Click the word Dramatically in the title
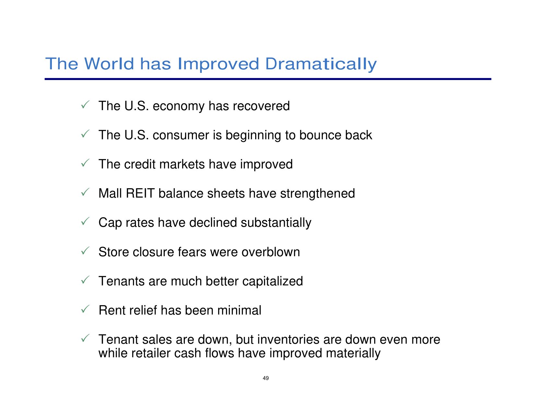(321, 64)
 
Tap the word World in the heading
(109, 64)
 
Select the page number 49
(266, 378)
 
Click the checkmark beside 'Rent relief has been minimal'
(85, 309)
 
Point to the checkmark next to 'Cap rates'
(85, 221)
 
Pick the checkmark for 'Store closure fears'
(85, 251)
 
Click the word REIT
(140, 193)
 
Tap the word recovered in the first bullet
(261, 106)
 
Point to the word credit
(140, 164)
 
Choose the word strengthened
(318, 193)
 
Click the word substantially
(276, 223)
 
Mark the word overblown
(271, 252)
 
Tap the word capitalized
(273, 281)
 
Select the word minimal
(239, 310)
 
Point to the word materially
(353, 353)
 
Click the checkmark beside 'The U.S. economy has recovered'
(85, 104)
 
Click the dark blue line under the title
(268, 79)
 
